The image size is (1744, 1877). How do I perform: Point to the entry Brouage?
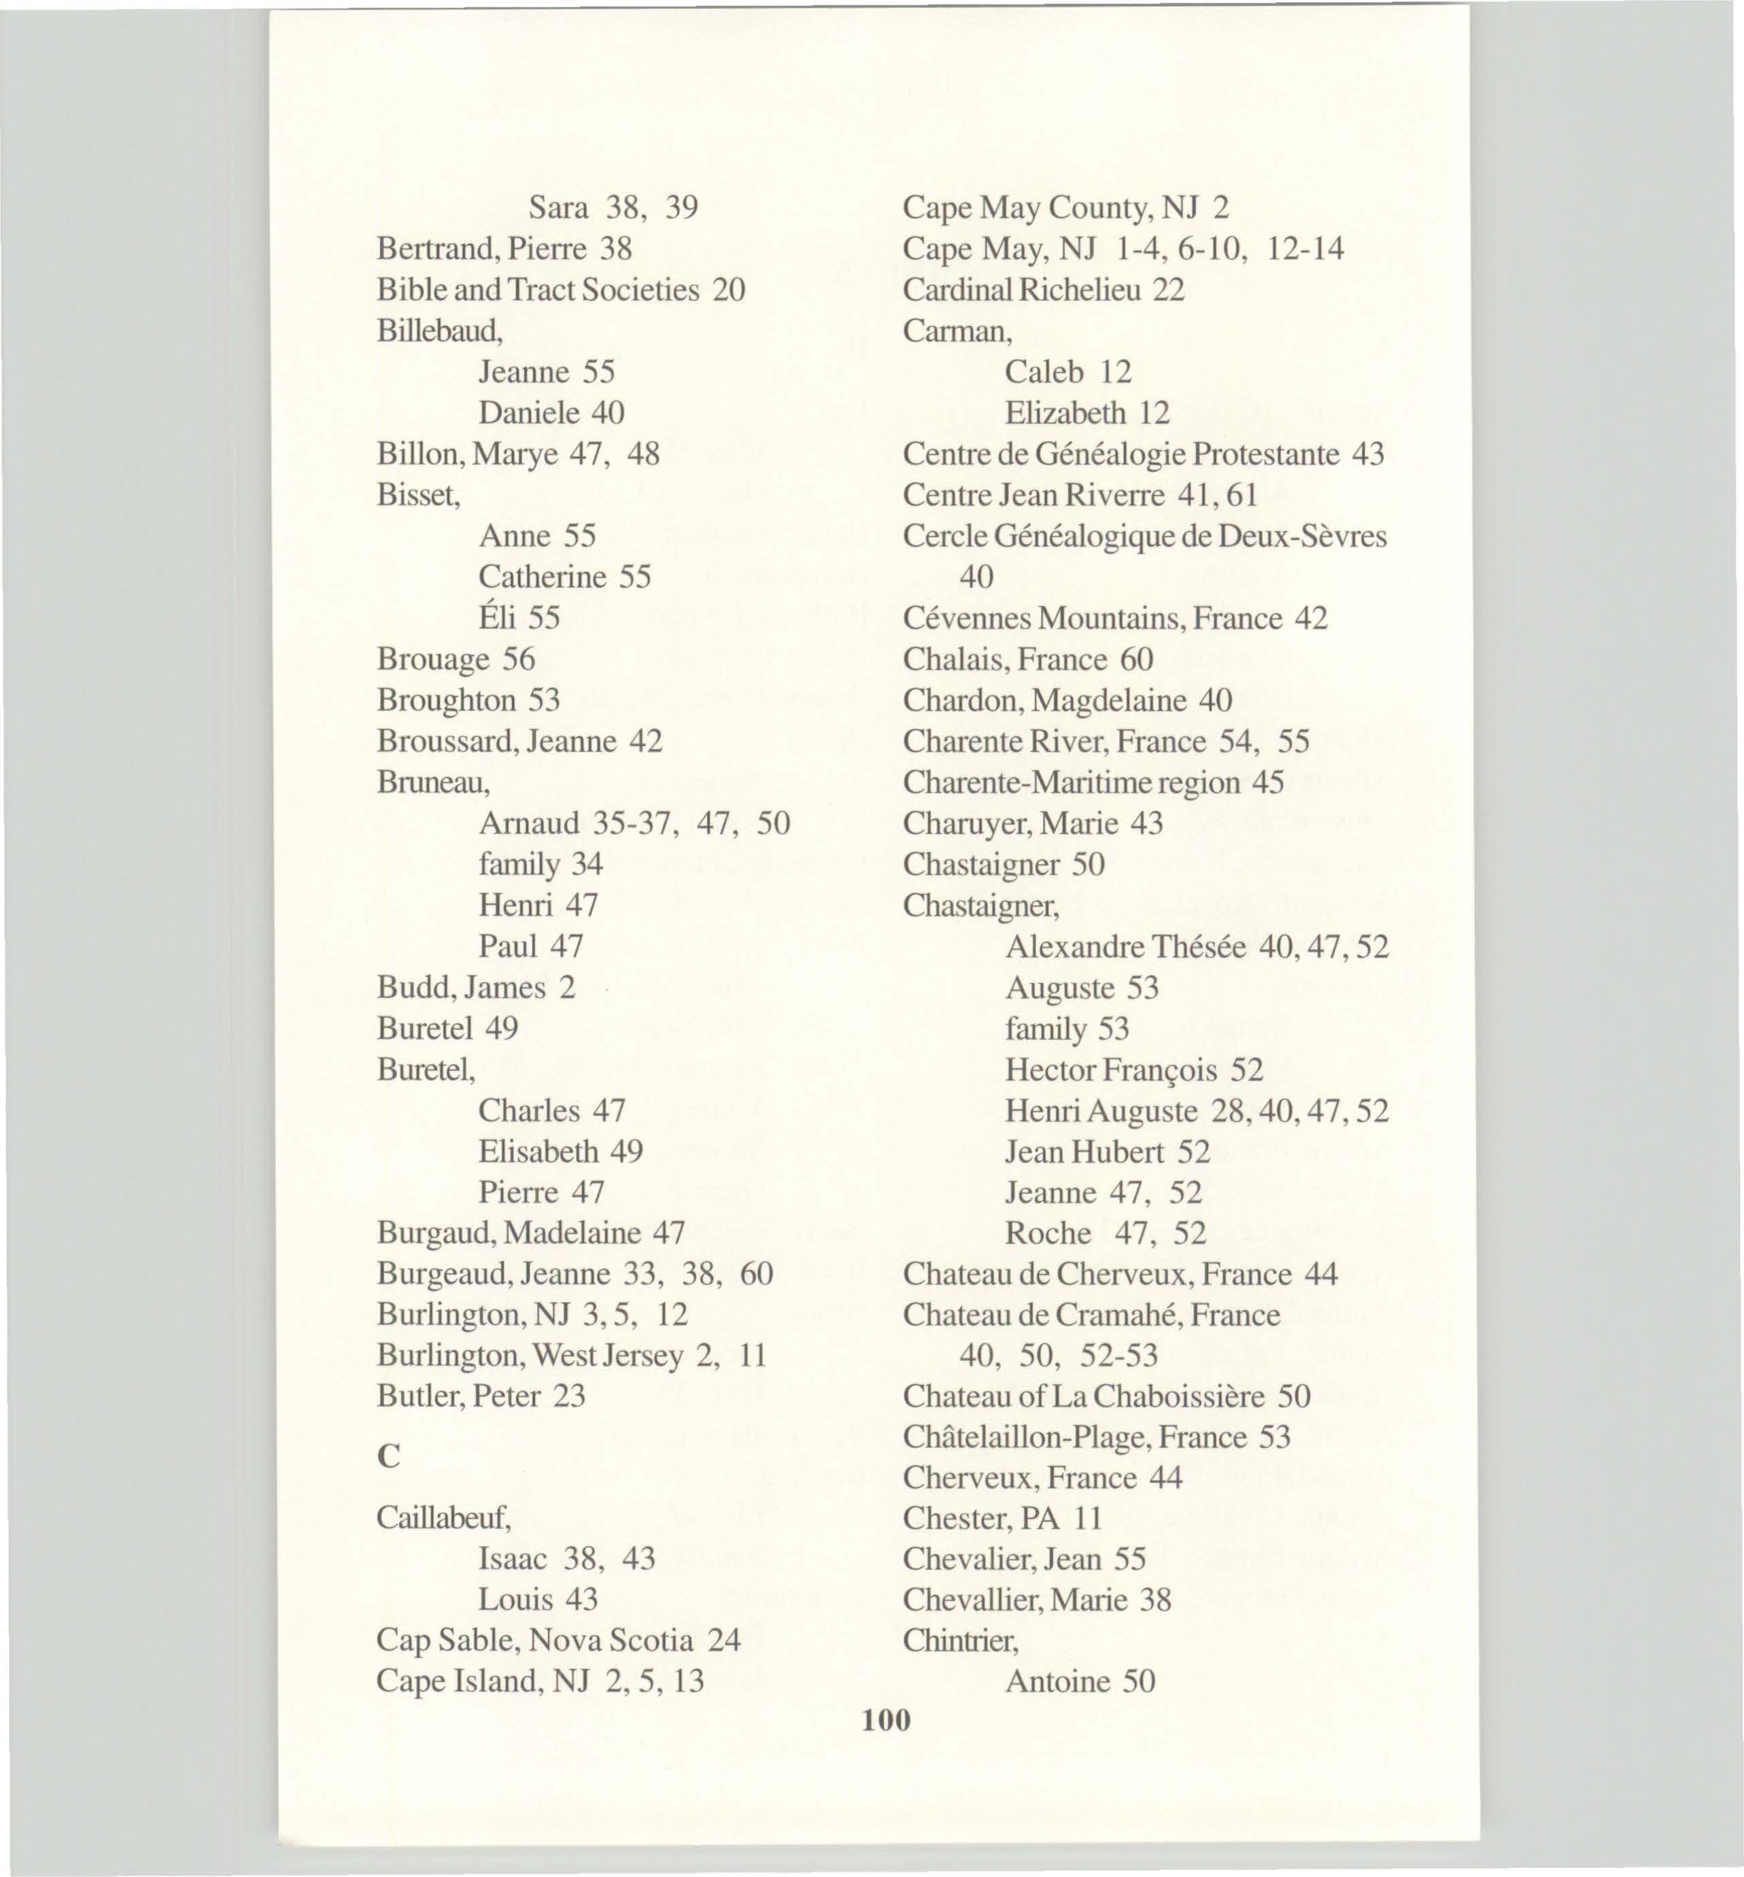coord(433,659)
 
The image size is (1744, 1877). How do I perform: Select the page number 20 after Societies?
coord(729,290)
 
